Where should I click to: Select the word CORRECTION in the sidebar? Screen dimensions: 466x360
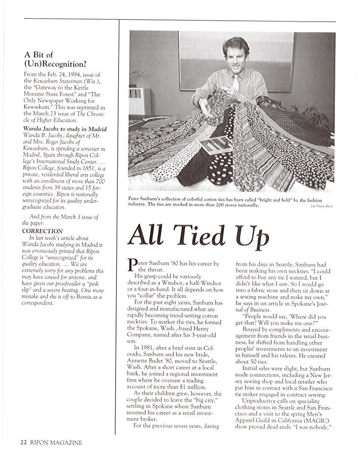pos(43,232)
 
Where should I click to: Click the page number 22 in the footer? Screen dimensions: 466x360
pos(24,442)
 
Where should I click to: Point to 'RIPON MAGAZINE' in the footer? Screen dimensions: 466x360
pos(56,442)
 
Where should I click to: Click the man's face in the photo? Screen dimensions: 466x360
pos(236,53)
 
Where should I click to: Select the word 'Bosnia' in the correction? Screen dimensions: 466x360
pos(82,297)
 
